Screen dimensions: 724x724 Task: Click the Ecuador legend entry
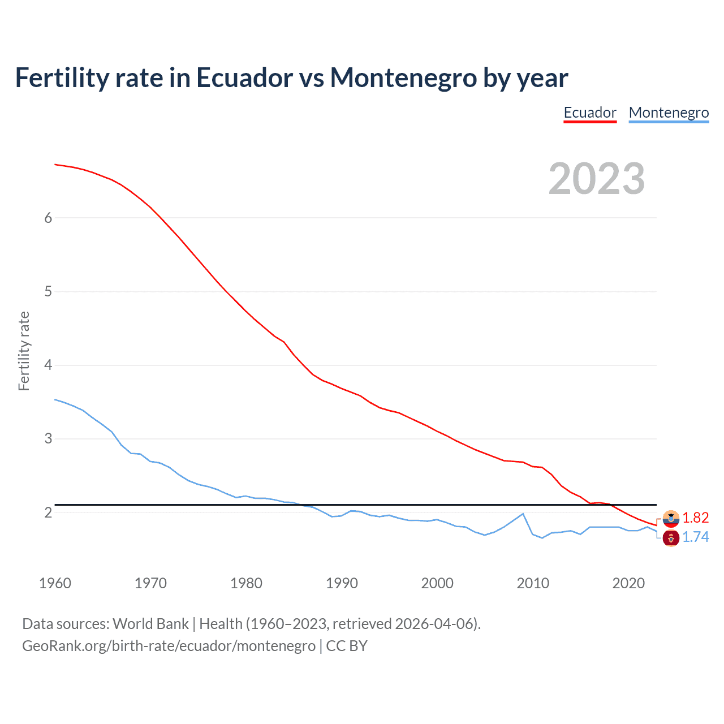pos(590,113)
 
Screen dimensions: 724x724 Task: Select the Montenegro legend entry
pos(669,113)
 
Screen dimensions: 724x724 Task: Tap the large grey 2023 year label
pos(596,179)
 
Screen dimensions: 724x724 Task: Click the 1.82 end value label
pos(695,518)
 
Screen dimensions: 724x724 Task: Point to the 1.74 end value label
pos(695,537)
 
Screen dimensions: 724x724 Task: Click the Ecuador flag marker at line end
pos(671,518)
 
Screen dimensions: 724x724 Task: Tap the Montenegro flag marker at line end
pos(671,538)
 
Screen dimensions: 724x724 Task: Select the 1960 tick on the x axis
pos(55,583)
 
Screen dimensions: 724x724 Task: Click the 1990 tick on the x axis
pos(342,583)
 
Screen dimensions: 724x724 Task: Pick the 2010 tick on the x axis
pos(533,583)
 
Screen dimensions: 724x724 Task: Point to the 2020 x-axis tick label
pos(628,583)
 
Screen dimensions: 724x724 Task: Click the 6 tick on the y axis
pos(48,218)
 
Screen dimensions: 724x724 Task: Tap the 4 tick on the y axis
pos(48,365)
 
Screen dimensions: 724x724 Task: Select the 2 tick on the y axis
pos(48,512)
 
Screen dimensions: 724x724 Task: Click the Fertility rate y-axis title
pos(24,351)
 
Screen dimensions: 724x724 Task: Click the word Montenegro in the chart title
pos(403,77)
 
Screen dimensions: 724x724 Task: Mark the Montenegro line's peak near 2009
pos(523,514)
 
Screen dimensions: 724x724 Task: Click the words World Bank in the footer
pos(150,624)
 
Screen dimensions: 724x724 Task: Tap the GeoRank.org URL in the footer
pos(169,645)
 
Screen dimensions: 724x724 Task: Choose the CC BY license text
pos(347,645)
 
